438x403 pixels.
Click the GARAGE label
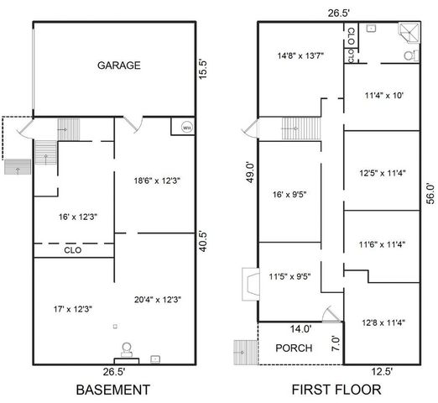pyautogui.click(x=117, y=65)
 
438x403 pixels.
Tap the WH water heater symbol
pyautogui.click(x=186, y=128)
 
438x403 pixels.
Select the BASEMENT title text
pyautogui.click(x=113, y=390)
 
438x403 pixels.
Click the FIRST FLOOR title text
pyautogui.click(x=336, y=390)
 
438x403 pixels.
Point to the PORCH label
pyautogui.click(x=294, y=348)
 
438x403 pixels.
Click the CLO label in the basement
pyautogui.click(x=72, y=249)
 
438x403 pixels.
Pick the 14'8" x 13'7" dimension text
pyautogui.click(x=300, y=57)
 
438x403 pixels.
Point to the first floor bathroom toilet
pyautogui.click(x=408, y=55)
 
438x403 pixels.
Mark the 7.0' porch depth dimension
pyautogui.click(x=335, y=343)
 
